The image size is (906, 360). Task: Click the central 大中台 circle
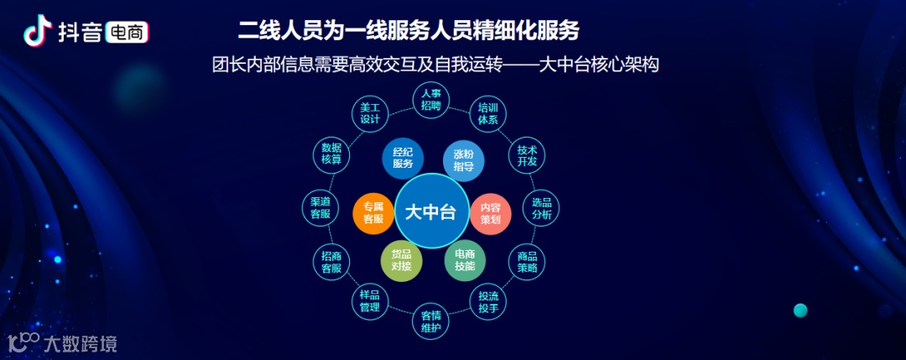click(x=430, y=211)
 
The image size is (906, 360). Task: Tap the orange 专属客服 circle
click(x=372, y=213)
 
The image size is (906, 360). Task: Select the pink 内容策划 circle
click(x=490, y=213)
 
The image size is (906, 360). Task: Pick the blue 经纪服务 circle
click(x=403, y=159)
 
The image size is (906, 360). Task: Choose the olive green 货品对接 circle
click(x=401, y=261)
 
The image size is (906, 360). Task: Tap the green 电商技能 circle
click(x=465, y=260)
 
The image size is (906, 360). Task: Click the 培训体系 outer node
click(x=488, y=113)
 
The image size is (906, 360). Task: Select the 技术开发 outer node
click(x=527, y=155)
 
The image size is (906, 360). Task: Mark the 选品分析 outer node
click(x=542, y=208)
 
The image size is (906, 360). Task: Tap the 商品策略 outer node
click(x=527, y=262)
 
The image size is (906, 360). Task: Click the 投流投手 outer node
click(x=488, y=302)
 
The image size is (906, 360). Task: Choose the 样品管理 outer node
click(x=370, y=301)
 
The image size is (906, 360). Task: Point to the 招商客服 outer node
click(x=331, y=263)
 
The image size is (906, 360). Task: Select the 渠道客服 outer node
click(x=320, y=208)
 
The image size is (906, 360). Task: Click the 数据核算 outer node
click(x=331, y=154)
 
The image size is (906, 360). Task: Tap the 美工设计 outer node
click(x=370, y=114)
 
